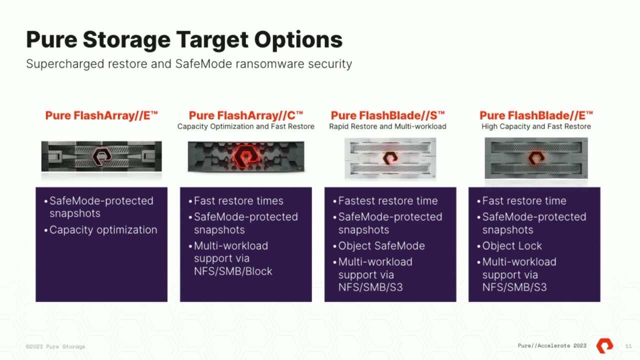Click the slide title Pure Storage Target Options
click(x=184, y=39)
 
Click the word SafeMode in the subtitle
click(x=198, y=64)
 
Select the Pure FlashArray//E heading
click(x=101, y=115)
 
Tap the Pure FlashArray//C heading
click(x=245, y=115)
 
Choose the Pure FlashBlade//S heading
click(x=387, y=115)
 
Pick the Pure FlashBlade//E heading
click(x=536, y=115)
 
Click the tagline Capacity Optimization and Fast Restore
click(x=245, y=126)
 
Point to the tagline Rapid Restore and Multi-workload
click(x=387, y=126)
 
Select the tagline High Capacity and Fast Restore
click(x=536, y=126)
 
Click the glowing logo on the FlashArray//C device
click(x=245, y=156)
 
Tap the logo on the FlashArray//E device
click(x=101, y=157)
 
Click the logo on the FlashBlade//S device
click(x=390, y=158)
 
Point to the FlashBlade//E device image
click(x=536, y=158)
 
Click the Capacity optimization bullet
click(x=103, y=230)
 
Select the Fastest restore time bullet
click(x=387, y=201)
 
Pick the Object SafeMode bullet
click(x=381, y=246)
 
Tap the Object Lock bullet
click(x=511, y=246)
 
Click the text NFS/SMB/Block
click(x=233, y=271)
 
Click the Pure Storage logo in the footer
click(x=604, y=345)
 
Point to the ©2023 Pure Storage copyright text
click(x=55, y=346)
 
